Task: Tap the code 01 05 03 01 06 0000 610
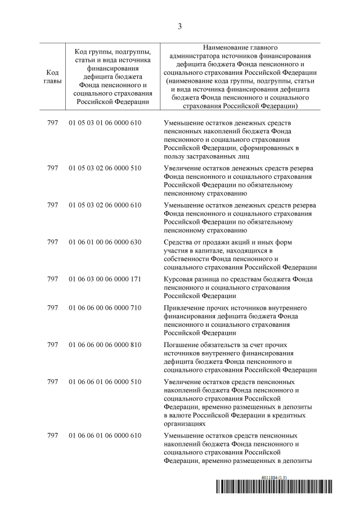(105, 122)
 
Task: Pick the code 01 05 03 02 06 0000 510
(105, 168)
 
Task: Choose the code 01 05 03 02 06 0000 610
(105, 205)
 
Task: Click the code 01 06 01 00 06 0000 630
(105, 242)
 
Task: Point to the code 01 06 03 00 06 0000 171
(105, 280)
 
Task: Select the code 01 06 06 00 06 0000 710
(105, 308)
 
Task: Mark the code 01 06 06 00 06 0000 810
(105, 345)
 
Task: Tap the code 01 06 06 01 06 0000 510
(105, 382)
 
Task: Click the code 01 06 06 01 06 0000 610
(105, 436)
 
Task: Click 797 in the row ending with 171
(53, 280)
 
